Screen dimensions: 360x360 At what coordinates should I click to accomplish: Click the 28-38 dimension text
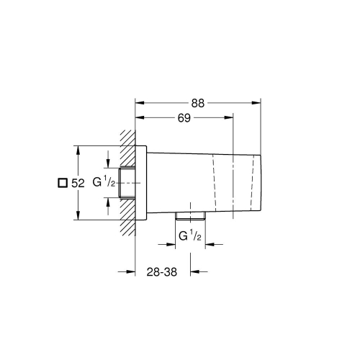click(163, 272)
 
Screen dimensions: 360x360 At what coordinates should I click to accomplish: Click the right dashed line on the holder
click(253, 184)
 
